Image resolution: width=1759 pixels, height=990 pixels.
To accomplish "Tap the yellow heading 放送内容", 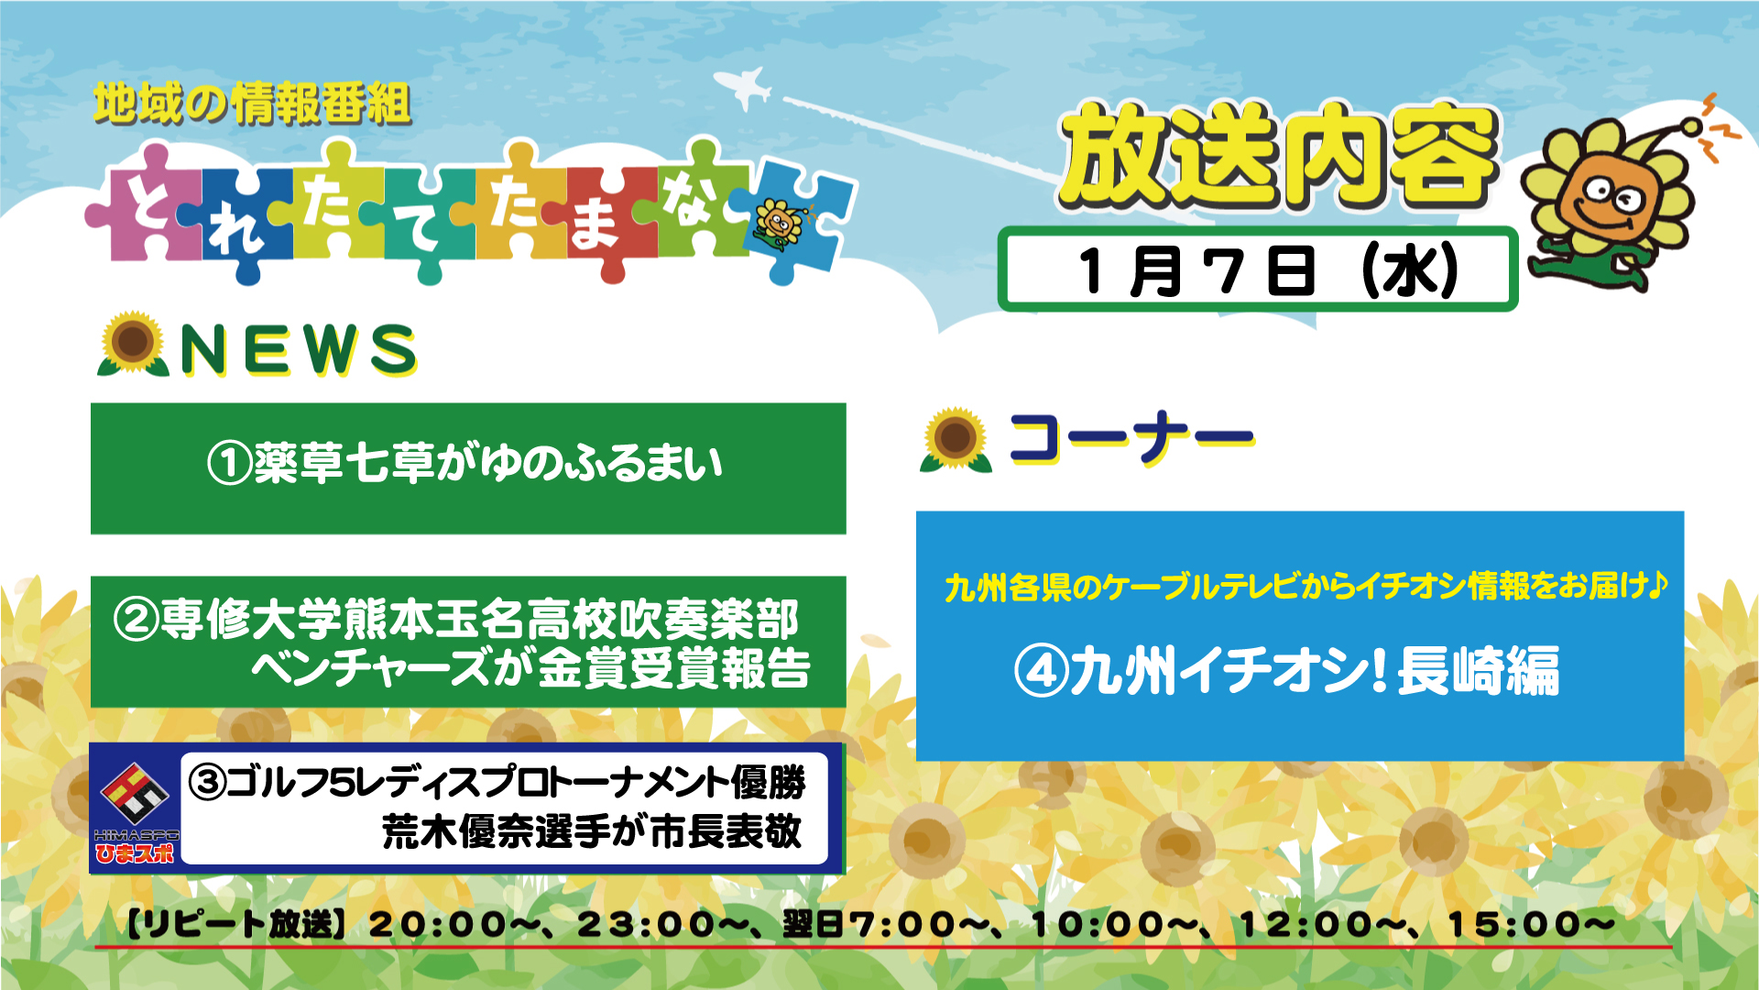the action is [1279, 156].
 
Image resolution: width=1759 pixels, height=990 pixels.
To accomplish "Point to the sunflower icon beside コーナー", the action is [956, 440].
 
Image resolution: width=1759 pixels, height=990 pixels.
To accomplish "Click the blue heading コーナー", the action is [1131, 439].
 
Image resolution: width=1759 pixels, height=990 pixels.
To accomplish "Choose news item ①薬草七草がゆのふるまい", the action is [465, 463].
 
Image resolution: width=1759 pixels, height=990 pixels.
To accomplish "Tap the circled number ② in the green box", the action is [137, 620].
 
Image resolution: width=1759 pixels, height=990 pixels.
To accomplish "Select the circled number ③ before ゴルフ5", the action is [207, 782].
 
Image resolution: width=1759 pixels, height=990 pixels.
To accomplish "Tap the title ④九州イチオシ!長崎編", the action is [1287, 671].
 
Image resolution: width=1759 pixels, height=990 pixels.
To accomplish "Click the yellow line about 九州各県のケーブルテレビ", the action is [1306, 586].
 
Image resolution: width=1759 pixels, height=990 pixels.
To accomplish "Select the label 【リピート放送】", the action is [235, 924].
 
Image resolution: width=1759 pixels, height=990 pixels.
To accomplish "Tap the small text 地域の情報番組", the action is [252, 104].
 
